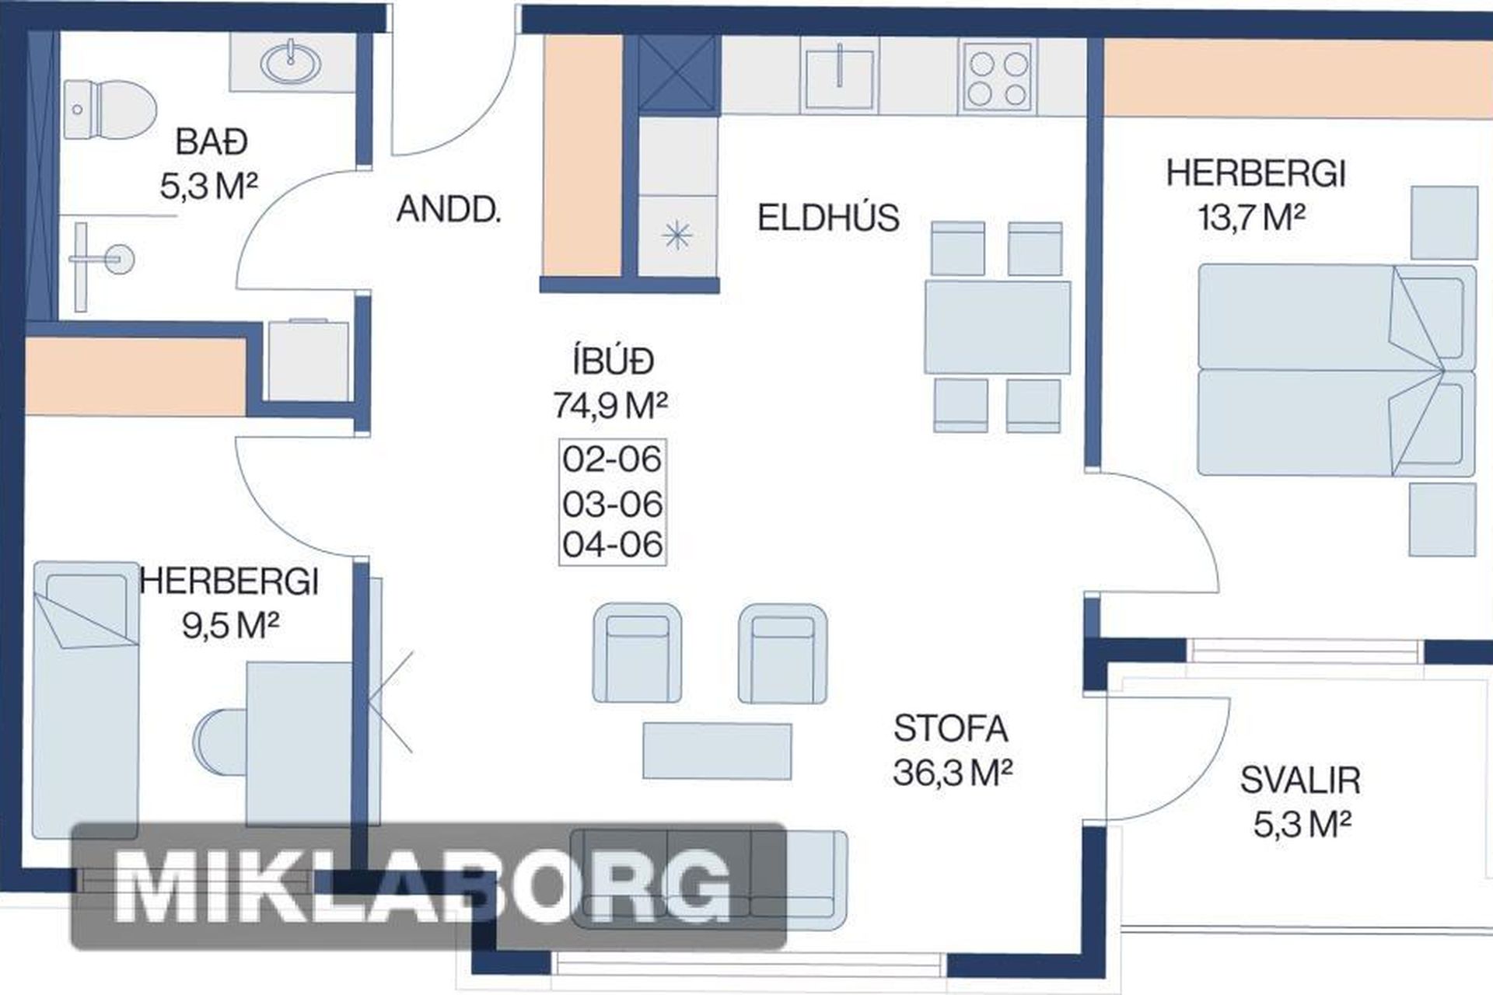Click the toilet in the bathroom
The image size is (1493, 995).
tap(110, 109)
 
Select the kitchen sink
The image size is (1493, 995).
tap(840, 74)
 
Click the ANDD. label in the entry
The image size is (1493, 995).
tap(449, 210)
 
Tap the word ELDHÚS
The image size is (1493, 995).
tap(828, 218)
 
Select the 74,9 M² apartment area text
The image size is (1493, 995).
tap(610, 405)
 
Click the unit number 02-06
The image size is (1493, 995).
tap(612, 459)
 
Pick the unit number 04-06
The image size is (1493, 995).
tap(612, 544)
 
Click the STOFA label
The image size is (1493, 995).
tap(950, 728)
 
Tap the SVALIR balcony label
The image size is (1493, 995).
tap(1300, 780)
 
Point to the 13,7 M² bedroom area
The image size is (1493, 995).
tap(1251, 218)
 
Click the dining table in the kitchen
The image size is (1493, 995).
tap(997, 327)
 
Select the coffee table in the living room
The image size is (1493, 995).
tap(717, 751)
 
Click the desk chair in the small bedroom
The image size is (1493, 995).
tap(220, 742)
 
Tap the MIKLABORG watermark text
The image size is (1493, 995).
tap(424, 887)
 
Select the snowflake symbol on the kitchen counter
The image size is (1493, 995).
tap(677, 234)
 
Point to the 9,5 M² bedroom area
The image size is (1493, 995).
tap(230, 624)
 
